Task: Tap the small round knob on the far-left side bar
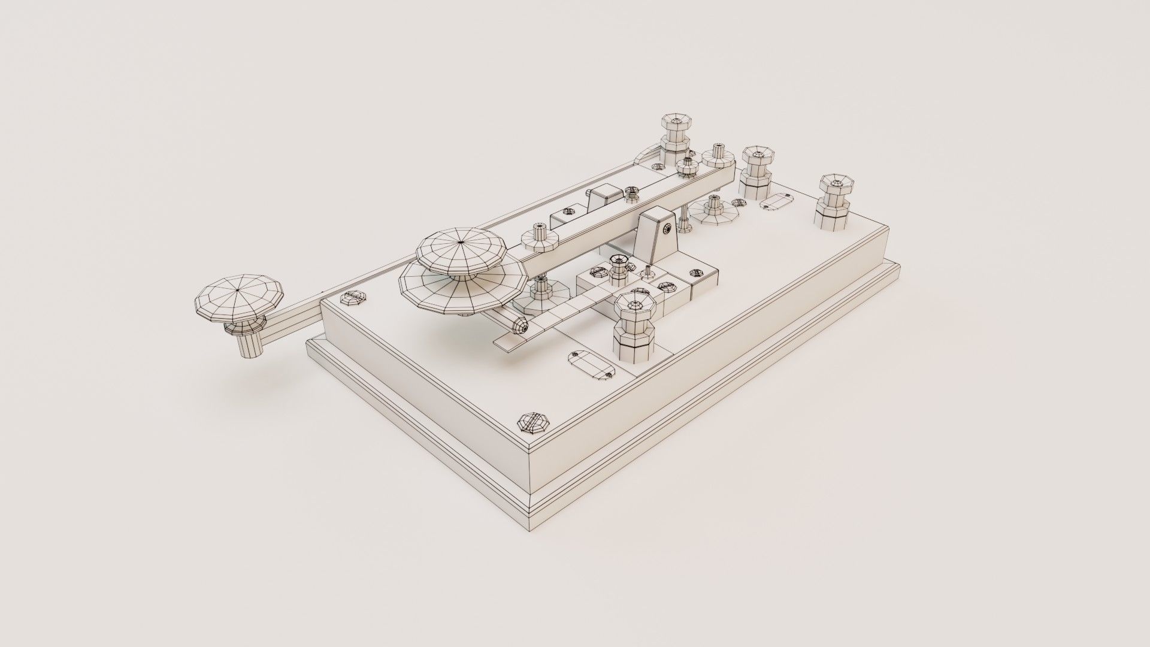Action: pyautogui.click(x=238, y=298)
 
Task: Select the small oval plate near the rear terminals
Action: pyautogui.click(x=777, y=201)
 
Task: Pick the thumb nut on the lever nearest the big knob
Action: pyautogui.click(x=540, y=237)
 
